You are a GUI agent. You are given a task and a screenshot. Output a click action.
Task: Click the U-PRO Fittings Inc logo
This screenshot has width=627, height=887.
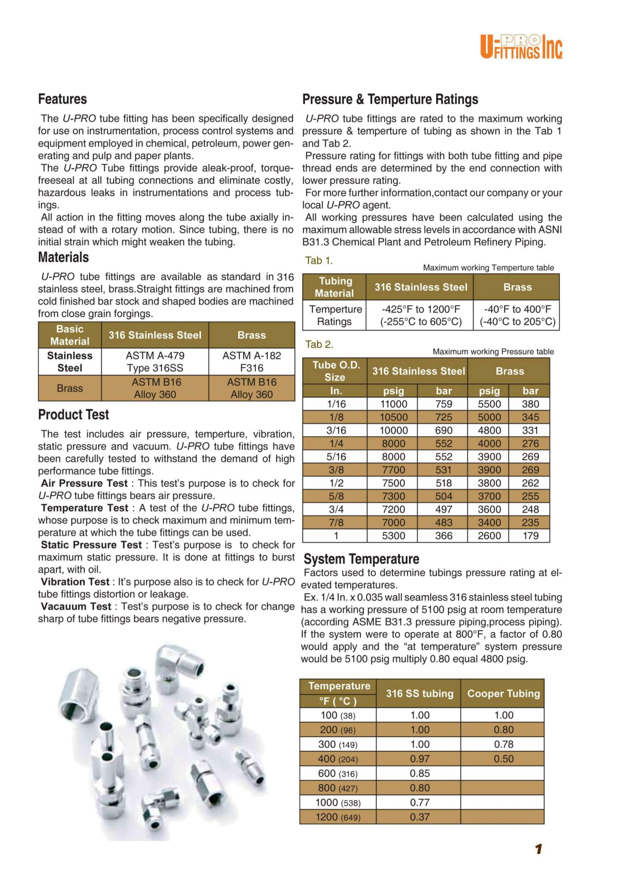pos(521,47)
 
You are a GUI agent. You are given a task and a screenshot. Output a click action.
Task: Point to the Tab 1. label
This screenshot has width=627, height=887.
pos(319,260)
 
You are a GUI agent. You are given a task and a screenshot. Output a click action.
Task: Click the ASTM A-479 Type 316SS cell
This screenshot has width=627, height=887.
pos(155,362)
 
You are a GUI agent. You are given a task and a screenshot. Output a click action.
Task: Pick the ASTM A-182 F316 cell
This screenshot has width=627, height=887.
pos(252,362)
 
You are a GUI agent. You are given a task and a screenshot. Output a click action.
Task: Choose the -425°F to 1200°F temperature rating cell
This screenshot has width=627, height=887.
pos(421,315)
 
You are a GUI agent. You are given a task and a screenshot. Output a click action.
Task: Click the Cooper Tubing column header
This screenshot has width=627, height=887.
pos(503,694)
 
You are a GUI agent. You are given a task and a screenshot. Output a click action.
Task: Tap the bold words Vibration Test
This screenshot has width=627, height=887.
pos(75,582)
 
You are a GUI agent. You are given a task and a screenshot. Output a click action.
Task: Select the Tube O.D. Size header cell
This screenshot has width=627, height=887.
pos(335,371)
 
